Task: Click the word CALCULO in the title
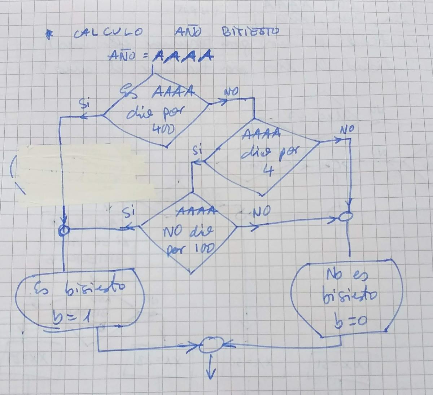[x=108, y=34]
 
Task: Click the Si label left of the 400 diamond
[x=84, y=104]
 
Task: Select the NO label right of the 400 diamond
[x=231, y=92]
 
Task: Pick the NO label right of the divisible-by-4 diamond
[x=347, y=129]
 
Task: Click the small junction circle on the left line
[x=64, y=230]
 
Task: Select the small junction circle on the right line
[x=347, y=217]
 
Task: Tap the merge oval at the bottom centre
[x=211, y=346]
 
